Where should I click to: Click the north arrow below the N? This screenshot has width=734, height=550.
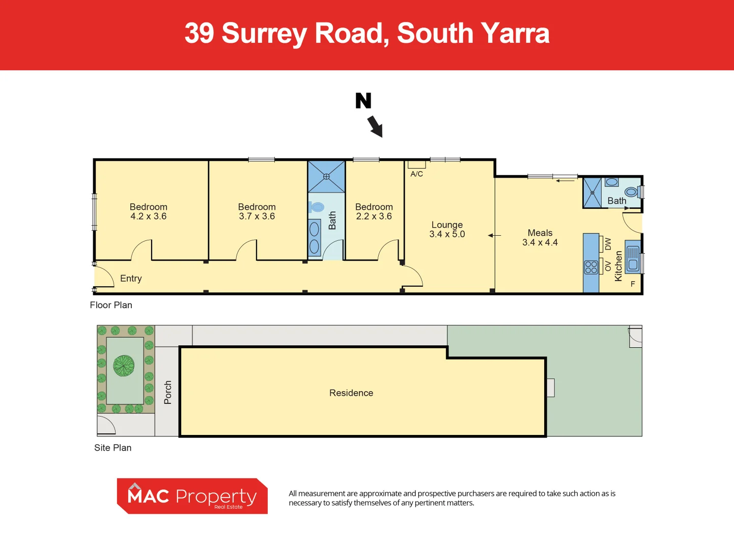coord(375,126)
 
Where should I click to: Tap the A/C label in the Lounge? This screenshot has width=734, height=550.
coord(416,174)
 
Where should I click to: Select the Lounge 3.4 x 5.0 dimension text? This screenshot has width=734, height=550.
coord(447,234)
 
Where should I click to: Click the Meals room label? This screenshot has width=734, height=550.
coord(540,233)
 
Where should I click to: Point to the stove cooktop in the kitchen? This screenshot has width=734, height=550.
coord(591,267)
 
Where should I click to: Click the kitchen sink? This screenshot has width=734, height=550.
coord(633,258)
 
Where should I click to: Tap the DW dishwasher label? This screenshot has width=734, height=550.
coord(608,244)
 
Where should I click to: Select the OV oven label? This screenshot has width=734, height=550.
coord(608,266)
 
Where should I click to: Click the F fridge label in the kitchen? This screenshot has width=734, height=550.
coord(633,284)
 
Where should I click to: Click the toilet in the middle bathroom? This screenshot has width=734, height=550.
coord(317,207)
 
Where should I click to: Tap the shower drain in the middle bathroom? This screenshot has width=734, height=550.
coord(326,177)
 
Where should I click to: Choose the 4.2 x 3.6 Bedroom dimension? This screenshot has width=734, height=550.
coord(148,216)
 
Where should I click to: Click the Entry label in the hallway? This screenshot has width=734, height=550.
coord(131,279)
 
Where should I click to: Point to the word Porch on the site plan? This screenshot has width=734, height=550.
coord(168,392)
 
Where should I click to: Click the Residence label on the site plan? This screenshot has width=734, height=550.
coord(351,393)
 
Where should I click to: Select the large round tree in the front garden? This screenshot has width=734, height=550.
coord(124,365)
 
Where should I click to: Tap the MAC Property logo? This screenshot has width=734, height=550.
coord(192,496)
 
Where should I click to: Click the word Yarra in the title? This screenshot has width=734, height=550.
coord(515,34)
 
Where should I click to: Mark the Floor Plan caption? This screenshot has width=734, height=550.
coord(111,305)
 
